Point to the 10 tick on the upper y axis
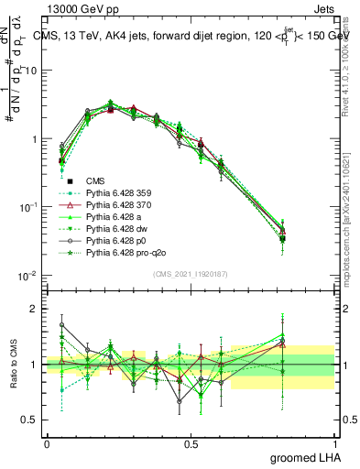coord(31,71)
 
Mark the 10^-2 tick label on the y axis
coord(28,276)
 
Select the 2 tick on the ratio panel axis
coord(36,309)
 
